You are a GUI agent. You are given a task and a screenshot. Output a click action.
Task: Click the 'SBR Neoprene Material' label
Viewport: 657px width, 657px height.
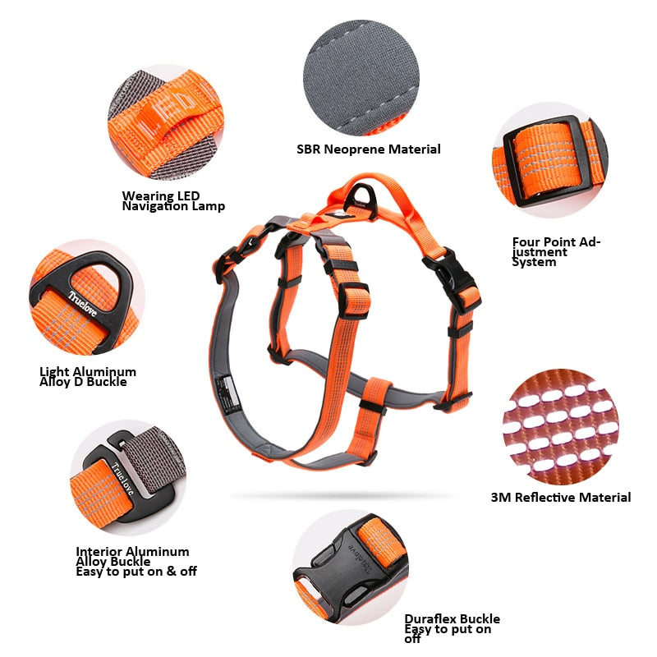369,149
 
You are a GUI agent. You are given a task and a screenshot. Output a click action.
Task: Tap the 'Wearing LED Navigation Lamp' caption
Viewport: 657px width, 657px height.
173,201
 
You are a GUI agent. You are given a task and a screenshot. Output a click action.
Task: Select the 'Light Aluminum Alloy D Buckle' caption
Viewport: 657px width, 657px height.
88,377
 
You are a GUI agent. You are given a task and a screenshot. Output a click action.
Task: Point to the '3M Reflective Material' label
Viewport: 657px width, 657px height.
561,498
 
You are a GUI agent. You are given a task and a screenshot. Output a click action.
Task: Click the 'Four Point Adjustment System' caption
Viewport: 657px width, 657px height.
557,252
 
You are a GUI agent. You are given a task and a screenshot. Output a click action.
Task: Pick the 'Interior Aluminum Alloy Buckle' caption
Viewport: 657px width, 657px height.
136,562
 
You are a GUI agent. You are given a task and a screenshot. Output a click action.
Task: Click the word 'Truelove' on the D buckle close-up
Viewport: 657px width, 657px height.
82,295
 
